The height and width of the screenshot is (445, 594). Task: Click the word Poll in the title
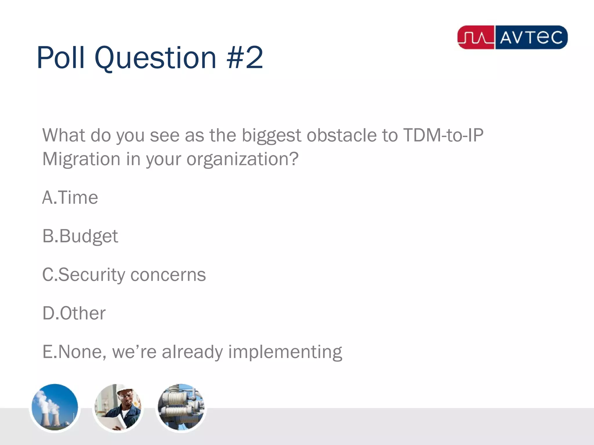61,58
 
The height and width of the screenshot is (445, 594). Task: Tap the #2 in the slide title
245,58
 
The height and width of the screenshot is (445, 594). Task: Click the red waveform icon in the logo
476,37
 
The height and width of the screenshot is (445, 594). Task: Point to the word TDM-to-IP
443,135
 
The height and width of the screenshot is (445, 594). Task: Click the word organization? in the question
242,159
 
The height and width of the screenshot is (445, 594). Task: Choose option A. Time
70,198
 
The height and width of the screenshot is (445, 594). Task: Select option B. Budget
80,236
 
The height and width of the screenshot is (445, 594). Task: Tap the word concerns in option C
168,275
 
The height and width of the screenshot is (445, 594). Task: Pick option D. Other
74,313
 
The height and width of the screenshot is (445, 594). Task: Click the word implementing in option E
285,352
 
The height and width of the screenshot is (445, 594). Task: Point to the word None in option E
80,352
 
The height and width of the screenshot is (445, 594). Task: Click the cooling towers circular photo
55,407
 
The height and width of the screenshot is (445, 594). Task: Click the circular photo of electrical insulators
181,407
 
